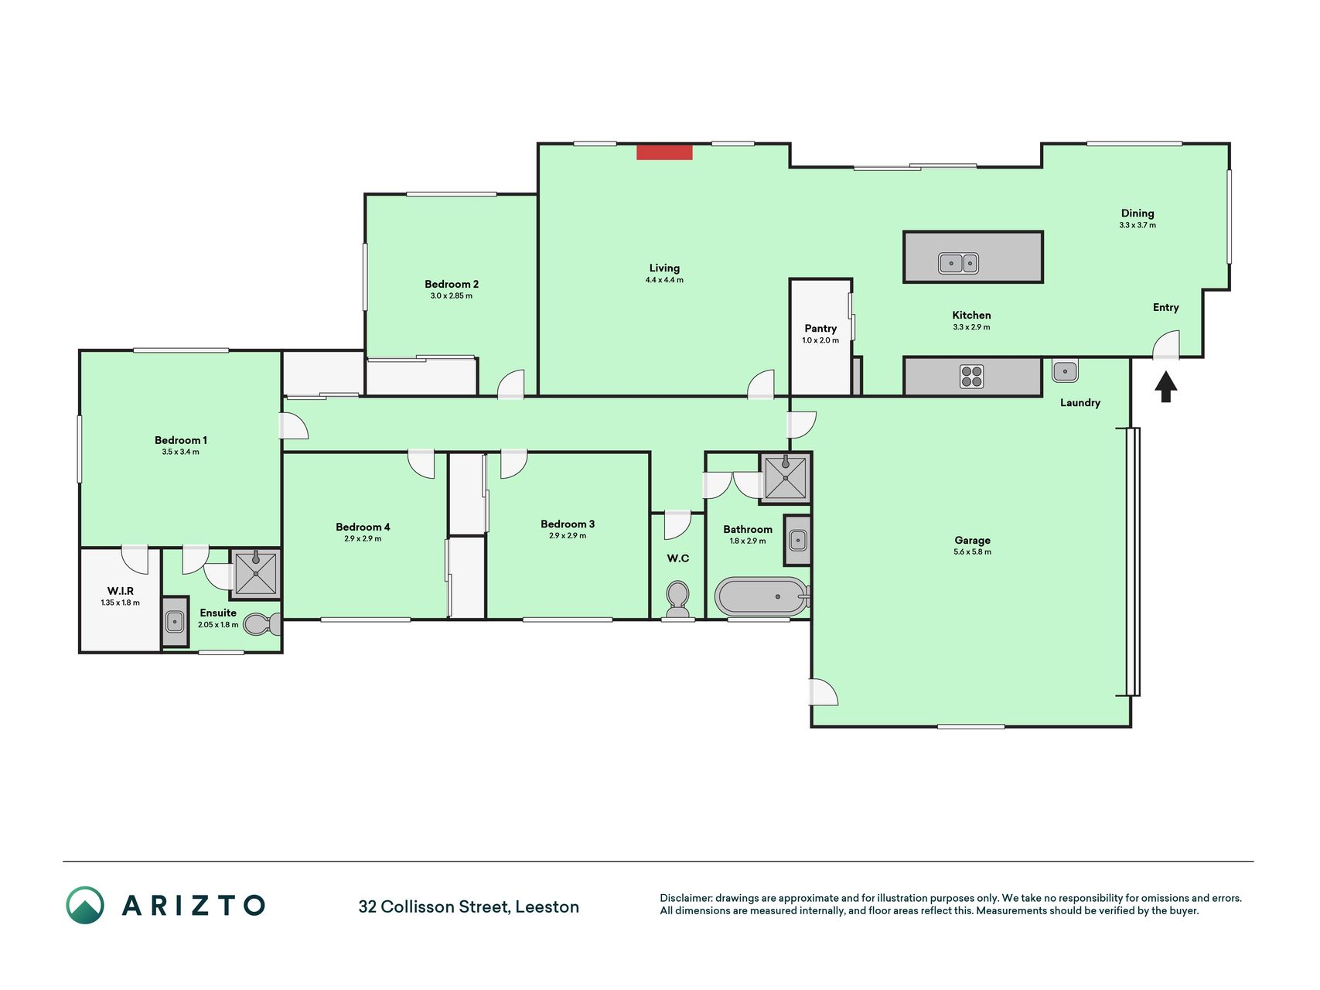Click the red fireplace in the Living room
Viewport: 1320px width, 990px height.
point(664,152)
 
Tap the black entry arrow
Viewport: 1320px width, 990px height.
point(1166,387)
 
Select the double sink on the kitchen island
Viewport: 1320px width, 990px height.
point(959,263)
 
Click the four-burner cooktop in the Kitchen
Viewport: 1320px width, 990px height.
point(972,377)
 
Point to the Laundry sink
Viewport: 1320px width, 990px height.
point(1065,371)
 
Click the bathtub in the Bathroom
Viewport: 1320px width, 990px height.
point(762,597)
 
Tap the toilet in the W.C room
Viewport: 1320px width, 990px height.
point(678,600)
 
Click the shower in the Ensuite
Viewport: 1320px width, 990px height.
point(255,573)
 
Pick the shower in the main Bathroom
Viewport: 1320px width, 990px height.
point(786,478)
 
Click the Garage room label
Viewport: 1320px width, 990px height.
point(972,541)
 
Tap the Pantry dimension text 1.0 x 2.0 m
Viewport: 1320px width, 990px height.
point(820,340)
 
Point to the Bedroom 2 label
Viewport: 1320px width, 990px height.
point(452,284)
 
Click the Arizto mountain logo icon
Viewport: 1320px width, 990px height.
point(85,905)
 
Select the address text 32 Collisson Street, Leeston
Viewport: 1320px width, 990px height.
point(469,906)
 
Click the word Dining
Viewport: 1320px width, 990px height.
point(1138,213)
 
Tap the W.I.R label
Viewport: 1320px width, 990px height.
point(121,591)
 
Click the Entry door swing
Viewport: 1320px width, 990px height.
point(1166,344)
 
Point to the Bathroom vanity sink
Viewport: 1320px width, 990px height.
point(798,540)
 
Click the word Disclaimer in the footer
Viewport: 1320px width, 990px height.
point(686,898)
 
